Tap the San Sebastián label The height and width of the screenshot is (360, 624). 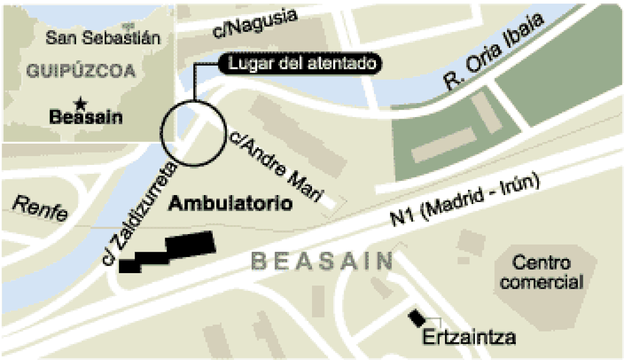click(x=102, y=38)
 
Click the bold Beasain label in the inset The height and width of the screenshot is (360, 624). click(x=86, y=118)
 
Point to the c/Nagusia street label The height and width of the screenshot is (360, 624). click(x=255, y=23)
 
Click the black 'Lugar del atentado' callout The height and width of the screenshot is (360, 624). click(x=300, y=63)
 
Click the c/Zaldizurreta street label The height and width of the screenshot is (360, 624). click(x=141, y=214)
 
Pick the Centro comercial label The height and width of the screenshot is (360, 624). click(x=542, y=272)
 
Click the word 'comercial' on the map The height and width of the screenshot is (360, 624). click(x=542, y=282)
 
